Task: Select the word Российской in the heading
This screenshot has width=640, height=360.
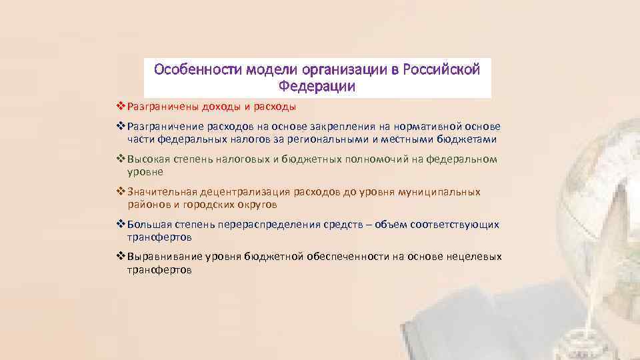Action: pyautogui.click(x=446, y=69)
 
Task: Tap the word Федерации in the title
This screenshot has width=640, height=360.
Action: pyautogui.click(x=317, y=87)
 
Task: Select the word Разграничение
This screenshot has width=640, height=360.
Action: pyautogui.click(x=161, y=127)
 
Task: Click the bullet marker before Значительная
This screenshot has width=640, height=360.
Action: pyautogui.click(x=121, y=192)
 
